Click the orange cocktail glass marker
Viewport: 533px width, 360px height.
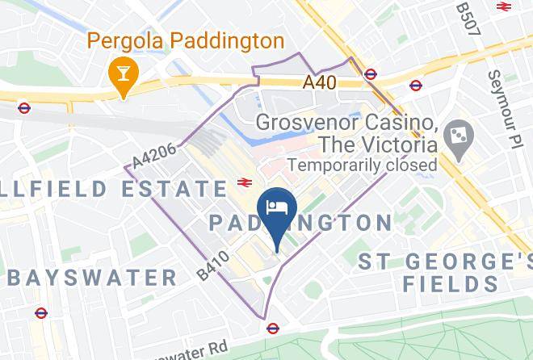coord(123,73)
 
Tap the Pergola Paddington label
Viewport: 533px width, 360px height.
coord(185,40)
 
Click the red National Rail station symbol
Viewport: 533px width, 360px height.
coord(243,183)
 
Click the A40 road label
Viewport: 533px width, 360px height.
coord(321,82)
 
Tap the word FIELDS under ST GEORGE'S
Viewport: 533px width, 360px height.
coord(451,283)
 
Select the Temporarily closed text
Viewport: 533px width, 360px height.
coord(363,165)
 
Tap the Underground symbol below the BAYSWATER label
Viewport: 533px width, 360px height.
coord(41,313)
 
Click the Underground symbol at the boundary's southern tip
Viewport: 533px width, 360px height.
coord(273,329)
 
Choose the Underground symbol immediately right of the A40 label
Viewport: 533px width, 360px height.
coord(370,74)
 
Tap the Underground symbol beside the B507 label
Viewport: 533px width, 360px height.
coord(504,6)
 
